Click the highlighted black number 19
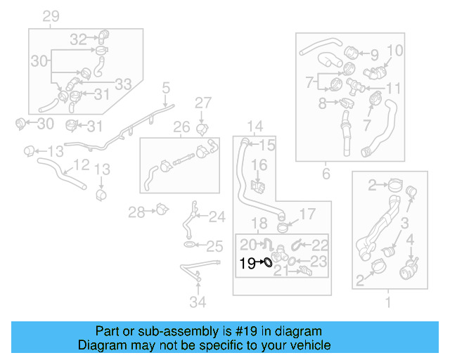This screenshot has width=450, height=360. click(246, 264)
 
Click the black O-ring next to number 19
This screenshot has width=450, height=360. click(267, 263)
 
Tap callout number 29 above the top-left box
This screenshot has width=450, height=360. click(51, 17)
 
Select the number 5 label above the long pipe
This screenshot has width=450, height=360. click(166, 89)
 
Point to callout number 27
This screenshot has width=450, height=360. click(202, 103)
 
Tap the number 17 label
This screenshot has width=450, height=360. click(308, 214)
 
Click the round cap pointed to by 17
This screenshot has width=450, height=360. click(284, 226)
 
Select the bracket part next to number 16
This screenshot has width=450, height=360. click(258, 186)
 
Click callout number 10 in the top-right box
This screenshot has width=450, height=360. click(395, 50)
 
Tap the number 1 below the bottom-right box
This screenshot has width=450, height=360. click(387, 303)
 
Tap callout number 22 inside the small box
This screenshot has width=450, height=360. click(320, 245)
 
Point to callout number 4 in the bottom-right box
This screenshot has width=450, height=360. click(410, 240)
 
